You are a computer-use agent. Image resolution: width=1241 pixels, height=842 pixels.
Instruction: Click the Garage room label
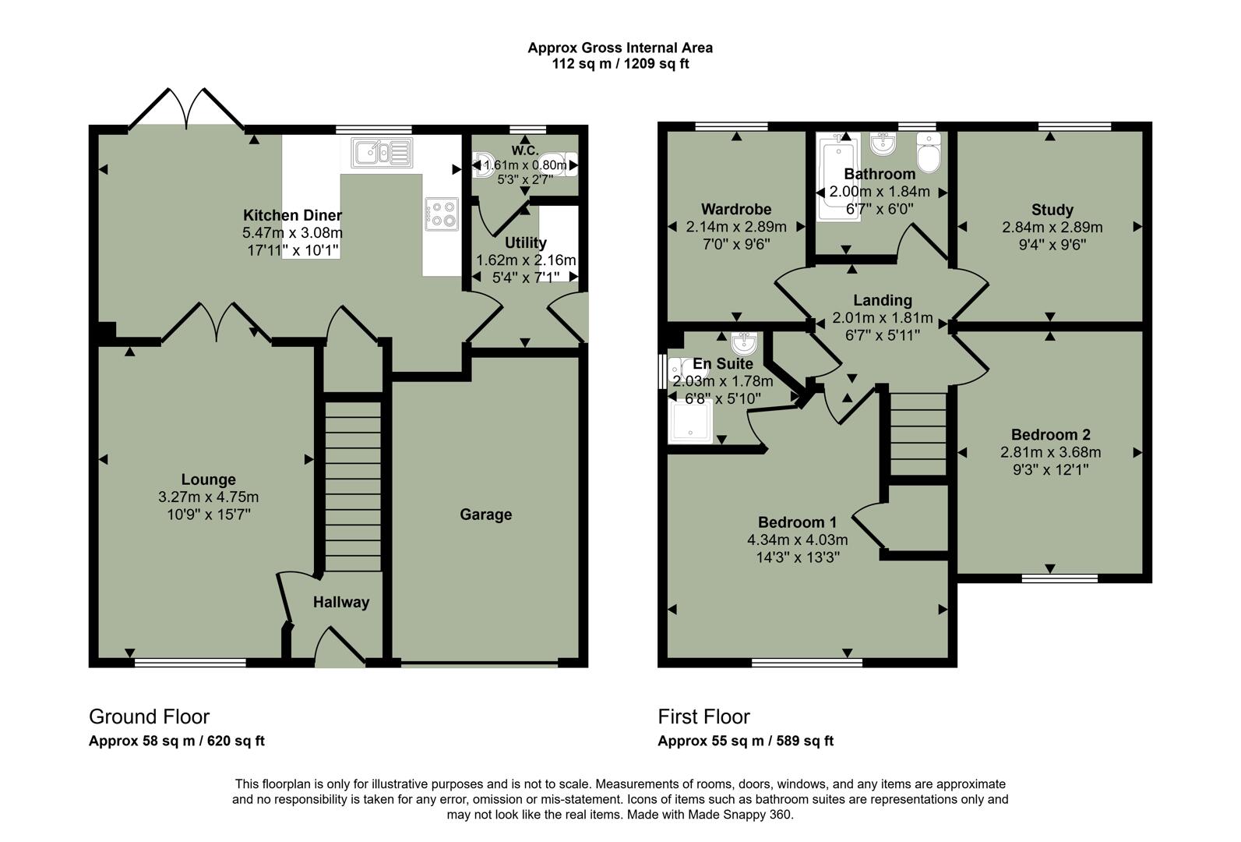485,515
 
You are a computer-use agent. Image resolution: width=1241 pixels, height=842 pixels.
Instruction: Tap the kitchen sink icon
380,152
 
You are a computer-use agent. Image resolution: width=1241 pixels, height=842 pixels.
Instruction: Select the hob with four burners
441,214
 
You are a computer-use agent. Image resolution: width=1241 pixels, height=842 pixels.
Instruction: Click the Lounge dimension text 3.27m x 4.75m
208,497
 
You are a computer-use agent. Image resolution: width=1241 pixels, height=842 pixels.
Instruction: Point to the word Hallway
340,602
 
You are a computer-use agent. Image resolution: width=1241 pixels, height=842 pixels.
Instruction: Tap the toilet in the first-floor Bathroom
929,154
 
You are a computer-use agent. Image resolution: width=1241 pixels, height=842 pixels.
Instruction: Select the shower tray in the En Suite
690,422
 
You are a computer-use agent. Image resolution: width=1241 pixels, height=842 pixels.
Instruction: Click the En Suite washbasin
744,341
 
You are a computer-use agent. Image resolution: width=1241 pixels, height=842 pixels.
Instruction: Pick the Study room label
1052,210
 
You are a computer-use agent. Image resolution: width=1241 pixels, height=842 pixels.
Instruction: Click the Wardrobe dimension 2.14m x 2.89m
735,227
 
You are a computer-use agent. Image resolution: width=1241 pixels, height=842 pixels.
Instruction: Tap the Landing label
882,300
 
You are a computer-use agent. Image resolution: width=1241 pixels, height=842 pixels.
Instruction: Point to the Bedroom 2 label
1050,435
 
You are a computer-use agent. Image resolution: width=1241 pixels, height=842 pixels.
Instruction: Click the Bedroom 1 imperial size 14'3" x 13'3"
797,557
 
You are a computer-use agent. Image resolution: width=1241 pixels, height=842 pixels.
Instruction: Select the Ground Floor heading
149,716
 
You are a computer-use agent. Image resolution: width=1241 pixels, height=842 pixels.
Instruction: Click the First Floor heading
703,716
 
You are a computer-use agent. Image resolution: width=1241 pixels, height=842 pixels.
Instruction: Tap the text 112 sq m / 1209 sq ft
620,64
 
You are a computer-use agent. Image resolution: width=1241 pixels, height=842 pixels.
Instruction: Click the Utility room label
525,242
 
